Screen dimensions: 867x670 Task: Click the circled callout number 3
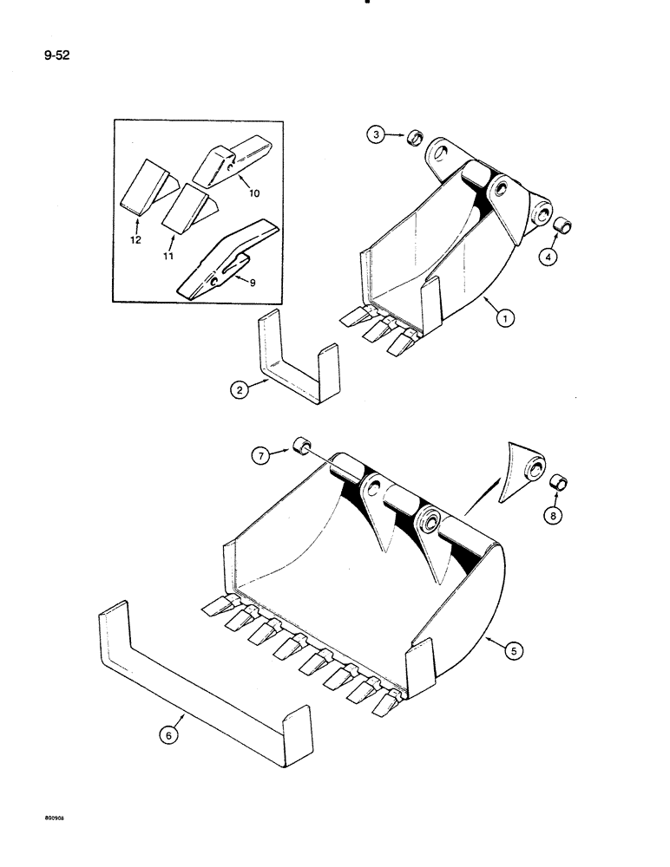pos(375,136)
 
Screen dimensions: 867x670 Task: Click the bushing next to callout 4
pos(562,227)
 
